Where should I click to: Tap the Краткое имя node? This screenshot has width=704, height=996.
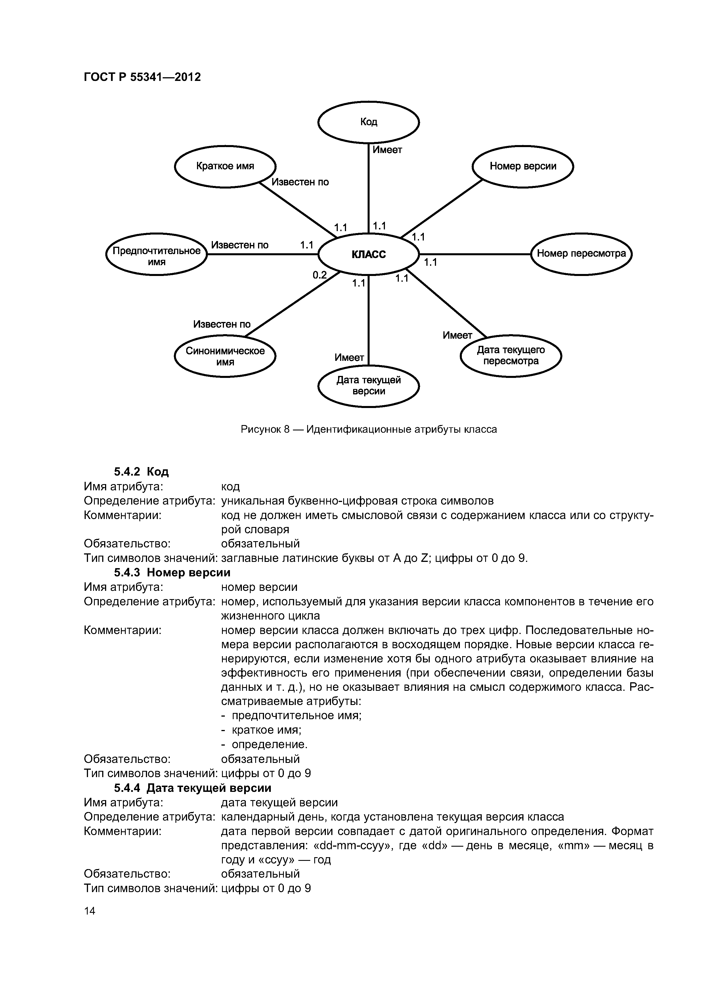pos(225,166)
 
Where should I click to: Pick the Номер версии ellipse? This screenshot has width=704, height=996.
pos(523,166)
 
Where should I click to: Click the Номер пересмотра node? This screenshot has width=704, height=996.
pos(581,254)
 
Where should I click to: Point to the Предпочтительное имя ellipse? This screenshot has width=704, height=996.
pos(157,255)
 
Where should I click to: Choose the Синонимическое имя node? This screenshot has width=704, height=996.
pos(225,356)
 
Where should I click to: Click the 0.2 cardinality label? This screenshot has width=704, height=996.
pos(320,275)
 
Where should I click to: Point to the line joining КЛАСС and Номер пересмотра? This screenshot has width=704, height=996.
pos(475,254)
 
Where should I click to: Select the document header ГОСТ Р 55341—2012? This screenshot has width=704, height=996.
pos(142,77)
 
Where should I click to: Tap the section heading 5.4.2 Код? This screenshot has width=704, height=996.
pos(141,472)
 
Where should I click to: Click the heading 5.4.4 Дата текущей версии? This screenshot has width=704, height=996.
pos(192,788)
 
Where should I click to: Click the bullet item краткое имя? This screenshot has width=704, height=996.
pos(266,730)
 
